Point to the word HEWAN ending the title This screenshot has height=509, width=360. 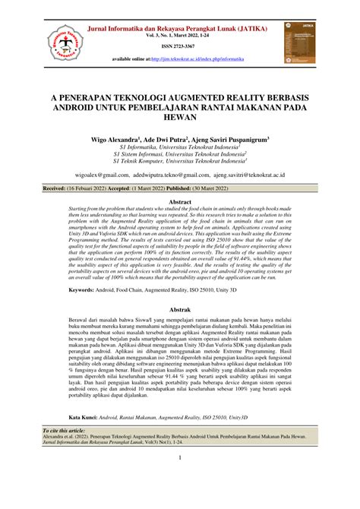pos(179,121)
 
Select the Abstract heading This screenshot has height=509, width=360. pos(179,202)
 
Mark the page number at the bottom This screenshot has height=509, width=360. pos(179,457)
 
